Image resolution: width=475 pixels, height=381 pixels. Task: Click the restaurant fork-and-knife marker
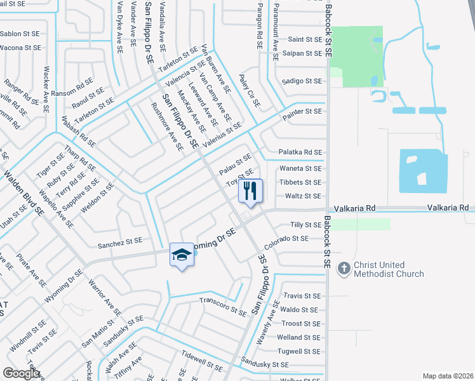click(250, 190)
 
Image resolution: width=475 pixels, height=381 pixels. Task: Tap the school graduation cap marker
click(182, 255)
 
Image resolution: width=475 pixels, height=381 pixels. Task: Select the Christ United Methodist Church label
click(389, 269)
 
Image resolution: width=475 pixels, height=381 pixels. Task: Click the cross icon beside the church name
click(344, 269)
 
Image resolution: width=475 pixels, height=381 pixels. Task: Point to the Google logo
click(22, 373)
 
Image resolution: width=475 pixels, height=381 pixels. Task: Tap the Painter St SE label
click(301, 111)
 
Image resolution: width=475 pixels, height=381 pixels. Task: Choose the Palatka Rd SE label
click(300, 152)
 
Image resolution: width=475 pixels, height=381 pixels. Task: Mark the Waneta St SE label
click(300, 168)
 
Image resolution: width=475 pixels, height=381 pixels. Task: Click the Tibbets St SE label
click(300, 182)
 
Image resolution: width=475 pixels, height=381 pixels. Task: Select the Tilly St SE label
click(305, 225)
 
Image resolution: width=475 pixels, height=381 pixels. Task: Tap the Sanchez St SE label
click(120, 242)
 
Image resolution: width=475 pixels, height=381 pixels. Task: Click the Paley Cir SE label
click(250, 90)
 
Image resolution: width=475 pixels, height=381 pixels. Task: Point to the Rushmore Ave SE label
click(168, 126)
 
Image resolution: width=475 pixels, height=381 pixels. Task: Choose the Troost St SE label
click(300, 324)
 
